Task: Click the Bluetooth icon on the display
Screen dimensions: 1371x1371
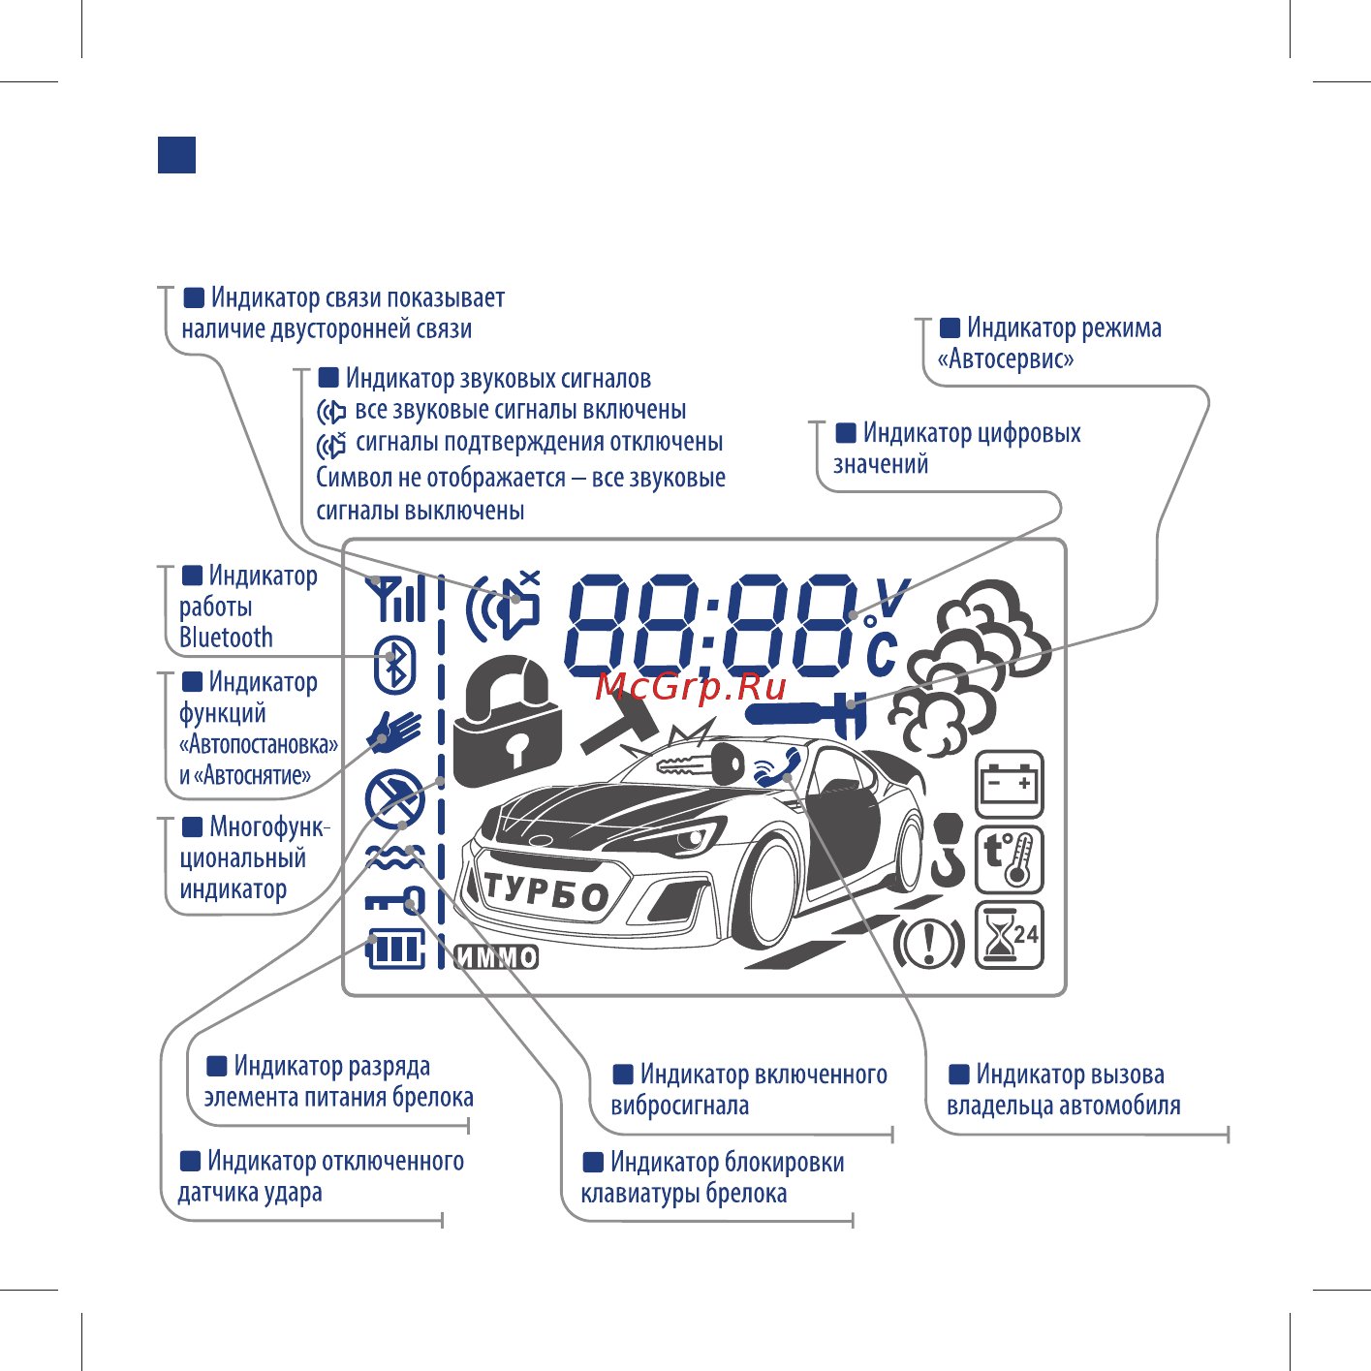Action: (395, 665)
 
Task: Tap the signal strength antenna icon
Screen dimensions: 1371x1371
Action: (395, 598)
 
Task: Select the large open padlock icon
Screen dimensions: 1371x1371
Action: (506, 720)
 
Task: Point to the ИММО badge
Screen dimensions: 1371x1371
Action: (497, 957)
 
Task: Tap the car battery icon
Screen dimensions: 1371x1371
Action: (1009, 784)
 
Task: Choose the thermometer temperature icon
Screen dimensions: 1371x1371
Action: (1009, 859)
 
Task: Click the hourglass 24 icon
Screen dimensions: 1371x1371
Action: (1009, 935)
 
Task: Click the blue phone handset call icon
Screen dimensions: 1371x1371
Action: (777, 767)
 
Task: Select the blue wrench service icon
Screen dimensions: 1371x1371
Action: (806, 713)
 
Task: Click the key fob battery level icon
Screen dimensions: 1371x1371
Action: (395, 949)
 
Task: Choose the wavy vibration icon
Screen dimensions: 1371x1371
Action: (395, 857)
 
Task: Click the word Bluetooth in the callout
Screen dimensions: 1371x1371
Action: (226, 638)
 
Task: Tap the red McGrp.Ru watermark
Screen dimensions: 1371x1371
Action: (690, 687)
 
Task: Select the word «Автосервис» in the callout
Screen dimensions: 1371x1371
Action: (1005, 358)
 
